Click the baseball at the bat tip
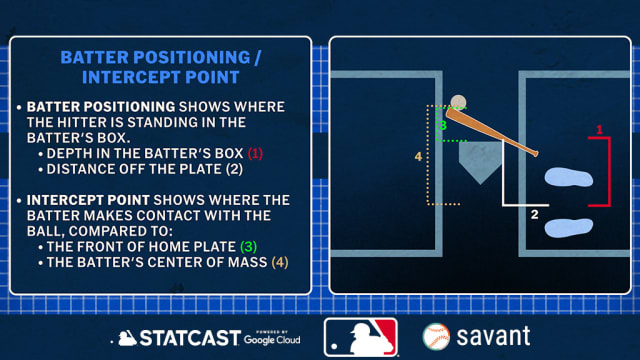(458, 102)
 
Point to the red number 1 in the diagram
(599, 130)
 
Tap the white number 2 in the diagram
(534, 214)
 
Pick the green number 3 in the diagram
(442, 126)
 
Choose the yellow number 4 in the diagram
(419, 156)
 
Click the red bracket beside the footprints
(606, 172)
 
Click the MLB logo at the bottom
(360, 337)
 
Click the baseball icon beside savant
(435, 337)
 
